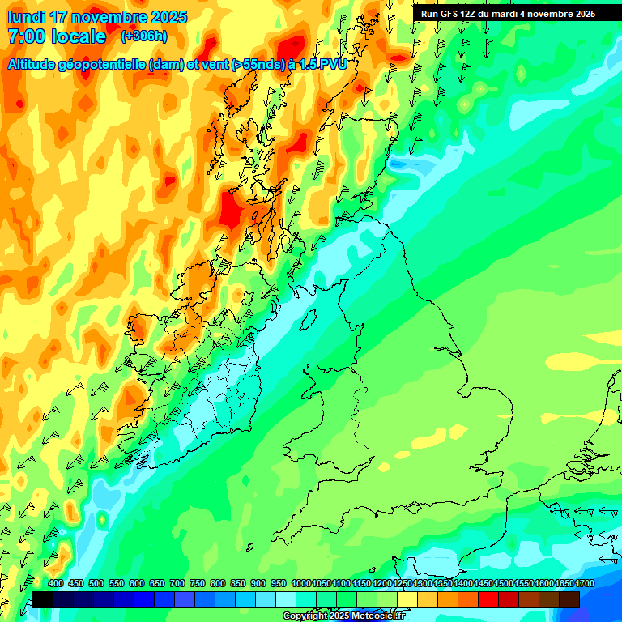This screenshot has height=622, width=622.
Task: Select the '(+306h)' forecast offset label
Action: point(144,36)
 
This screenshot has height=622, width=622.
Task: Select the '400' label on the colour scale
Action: point(56,584)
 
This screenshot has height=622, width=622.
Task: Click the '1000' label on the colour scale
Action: point(300,584)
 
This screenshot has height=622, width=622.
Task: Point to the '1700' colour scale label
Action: point(563,584)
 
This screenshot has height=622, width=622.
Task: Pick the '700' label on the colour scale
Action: point(177,584)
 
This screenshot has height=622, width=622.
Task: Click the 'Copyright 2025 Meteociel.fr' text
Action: point(343,616)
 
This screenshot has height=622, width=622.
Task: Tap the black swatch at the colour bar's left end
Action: point(43,599)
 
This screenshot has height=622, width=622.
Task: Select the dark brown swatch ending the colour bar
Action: point(569,599)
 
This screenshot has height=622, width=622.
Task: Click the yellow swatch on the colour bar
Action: point(407,599)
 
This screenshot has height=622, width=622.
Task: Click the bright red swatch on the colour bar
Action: point(488,599)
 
